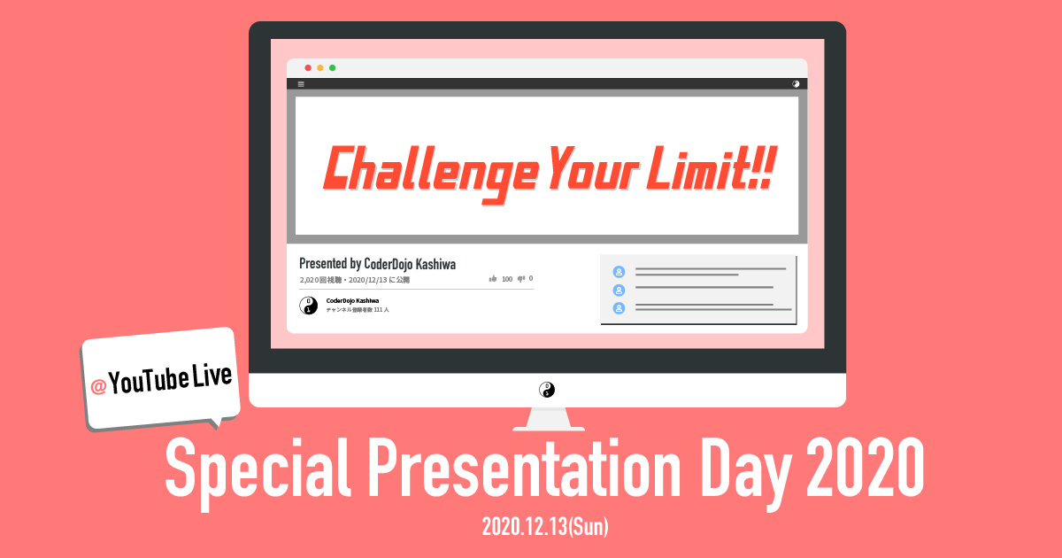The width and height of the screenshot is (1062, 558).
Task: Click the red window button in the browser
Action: coord(308,68)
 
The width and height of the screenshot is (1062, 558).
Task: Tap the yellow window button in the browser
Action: coord(320,68)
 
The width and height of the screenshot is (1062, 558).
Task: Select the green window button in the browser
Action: coord(333,68)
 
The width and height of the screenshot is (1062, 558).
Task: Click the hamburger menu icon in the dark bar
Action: coord(301,84)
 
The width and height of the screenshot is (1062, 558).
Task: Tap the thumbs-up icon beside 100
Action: coord(493,278)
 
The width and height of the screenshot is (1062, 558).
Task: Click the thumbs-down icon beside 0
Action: coord(521,278)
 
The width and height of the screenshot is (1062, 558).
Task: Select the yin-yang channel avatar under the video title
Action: coord(308,306)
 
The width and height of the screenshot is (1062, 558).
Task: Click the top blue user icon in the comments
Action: coord(619,272)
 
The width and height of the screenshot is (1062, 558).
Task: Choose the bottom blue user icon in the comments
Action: coord(619,308)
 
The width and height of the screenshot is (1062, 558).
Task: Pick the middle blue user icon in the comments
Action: coord(619,290)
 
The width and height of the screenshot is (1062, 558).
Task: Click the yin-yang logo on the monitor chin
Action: coord(547,390)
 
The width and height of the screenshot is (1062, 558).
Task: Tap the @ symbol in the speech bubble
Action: coord(98,387)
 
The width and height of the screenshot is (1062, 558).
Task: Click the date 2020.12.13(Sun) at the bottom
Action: coord(546,527)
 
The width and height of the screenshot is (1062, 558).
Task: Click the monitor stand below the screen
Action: coord(547,418)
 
